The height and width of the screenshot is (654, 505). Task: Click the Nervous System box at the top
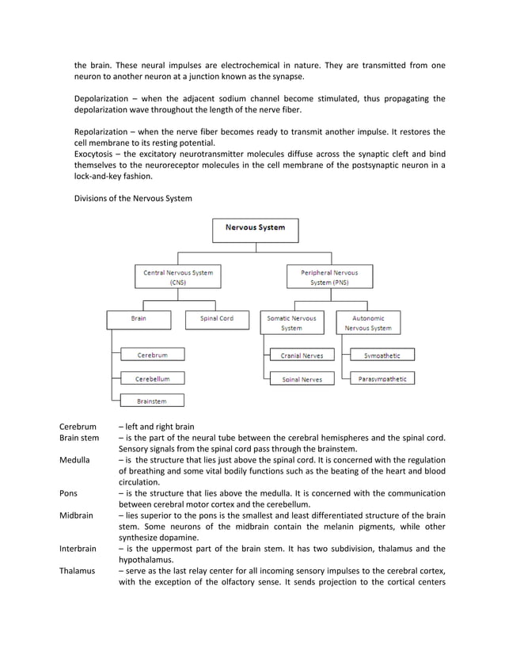256,230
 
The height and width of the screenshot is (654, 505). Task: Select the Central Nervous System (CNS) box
178,277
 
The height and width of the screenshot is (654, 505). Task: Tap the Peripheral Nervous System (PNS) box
329,277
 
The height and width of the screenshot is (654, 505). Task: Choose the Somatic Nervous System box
291,322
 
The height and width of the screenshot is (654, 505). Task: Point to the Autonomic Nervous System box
367,322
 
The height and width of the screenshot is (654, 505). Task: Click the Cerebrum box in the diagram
151,356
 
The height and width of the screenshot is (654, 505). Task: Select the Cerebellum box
151,378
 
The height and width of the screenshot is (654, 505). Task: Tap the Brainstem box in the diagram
151,401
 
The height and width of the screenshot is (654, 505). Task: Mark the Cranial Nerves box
302,356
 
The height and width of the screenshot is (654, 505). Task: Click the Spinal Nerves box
302,379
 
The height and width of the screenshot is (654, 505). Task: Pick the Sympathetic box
382,356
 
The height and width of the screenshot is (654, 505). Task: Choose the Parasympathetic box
382,379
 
